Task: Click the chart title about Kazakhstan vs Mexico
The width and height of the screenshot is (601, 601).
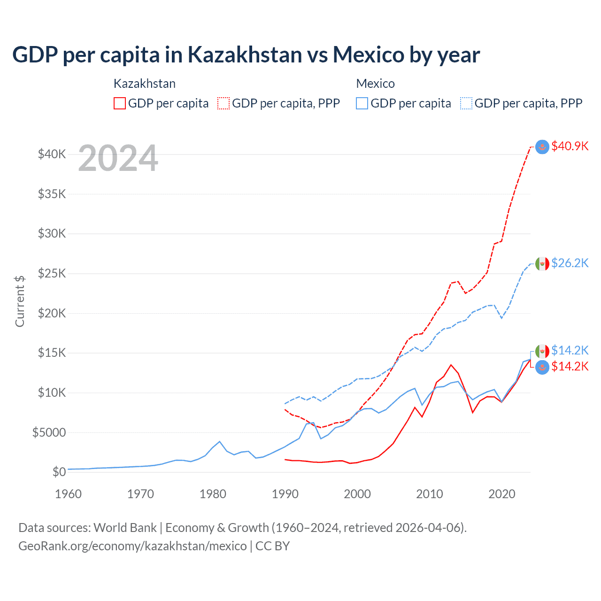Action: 246,55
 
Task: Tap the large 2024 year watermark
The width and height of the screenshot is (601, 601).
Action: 118,158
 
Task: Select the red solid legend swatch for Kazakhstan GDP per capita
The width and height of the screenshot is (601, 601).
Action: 120,103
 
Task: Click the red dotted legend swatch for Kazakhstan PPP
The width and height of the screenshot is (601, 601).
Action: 224,103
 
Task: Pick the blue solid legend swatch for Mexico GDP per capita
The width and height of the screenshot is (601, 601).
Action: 362,103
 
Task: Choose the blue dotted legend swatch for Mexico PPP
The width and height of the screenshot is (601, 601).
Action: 466,103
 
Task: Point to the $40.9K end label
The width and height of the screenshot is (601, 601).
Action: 570,146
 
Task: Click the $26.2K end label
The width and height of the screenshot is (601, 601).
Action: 570,263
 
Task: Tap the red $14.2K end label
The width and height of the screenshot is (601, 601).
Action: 570,366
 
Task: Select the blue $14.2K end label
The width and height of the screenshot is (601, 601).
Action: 570,350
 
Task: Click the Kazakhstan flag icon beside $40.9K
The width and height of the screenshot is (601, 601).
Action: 542,146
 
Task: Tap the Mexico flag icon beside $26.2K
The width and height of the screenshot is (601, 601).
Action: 542,263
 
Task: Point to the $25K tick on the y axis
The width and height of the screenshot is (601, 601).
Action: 52,273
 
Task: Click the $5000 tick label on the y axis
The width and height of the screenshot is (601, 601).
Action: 49,432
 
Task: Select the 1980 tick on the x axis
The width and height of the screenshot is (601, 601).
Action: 213,494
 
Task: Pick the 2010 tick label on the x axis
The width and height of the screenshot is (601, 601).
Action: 430,494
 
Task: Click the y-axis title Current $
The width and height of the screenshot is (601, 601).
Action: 20,301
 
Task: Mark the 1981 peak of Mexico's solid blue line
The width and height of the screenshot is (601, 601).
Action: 220,441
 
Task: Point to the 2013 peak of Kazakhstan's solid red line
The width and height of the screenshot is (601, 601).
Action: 451,365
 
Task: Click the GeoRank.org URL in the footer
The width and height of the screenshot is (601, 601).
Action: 132,546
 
